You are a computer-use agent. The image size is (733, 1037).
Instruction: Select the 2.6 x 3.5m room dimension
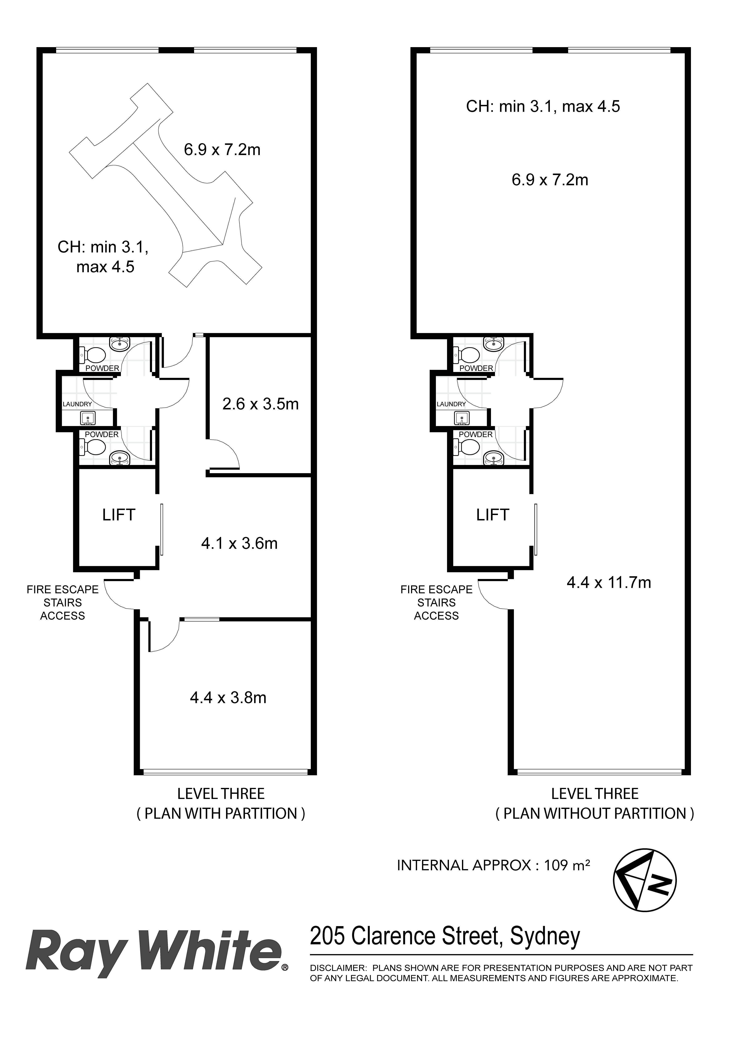pos(261,404)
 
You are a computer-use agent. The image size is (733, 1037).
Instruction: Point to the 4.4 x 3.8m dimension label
pos(228,698)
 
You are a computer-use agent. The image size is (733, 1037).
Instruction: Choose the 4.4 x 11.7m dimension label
pos(609,583)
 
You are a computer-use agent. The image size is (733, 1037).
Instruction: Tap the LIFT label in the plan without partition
pos(492,515)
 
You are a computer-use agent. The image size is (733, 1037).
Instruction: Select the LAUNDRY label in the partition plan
pos(77,404)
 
